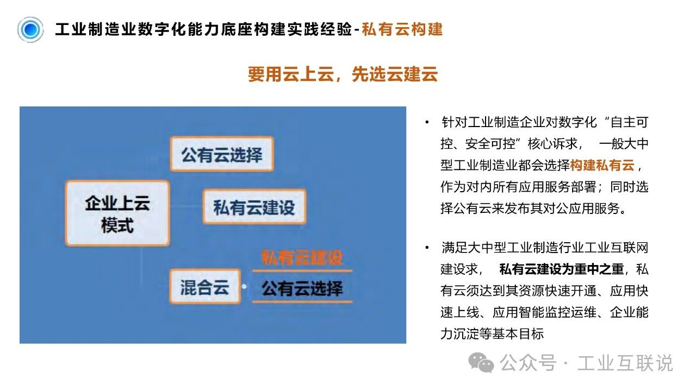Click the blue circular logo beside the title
pos(30,30)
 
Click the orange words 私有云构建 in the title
pos(402,29)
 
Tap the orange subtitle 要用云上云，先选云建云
pos(343,74)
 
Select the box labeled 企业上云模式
pos(117,213)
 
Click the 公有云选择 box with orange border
pos(222,154)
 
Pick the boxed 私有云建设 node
pos(254,207)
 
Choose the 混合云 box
pos(205,286)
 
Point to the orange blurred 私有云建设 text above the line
pos(302,257)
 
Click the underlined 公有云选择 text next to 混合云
pos(302,288)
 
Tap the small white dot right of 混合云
pos(244,286)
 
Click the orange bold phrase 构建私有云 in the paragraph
pos(602,165)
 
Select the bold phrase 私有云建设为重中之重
pos(562,269)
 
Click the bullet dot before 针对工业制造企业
pos(427,122)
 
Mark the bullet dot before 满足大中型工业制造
pos(427,248)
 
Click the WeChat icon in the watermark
pos(481,362)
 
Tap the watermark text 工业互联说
pos(625,362)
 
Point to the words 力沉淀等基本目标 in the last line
pos(492,334)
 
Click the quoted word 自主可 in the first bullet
pos(629,122)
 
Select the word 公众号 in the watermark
pos(528,362)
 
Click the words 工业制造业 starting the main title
pos(96,29)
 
